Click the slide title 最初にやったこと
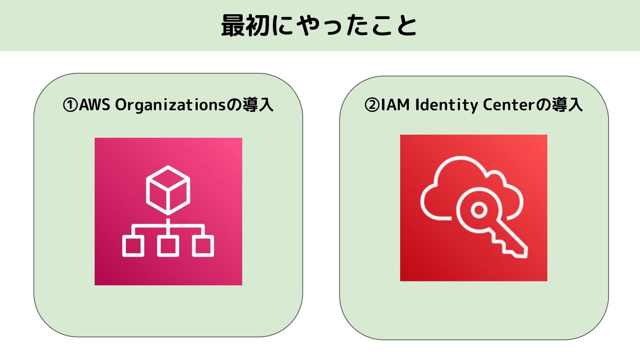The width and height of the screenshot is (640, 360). tap(319, 26)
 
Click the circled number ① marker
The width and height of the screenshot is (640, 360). tap(70, 106)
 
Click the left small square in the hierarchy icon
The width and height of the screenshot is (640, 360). tap(132, 246)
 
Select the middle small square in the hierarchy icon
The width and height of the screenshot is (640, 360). tap(168, 246)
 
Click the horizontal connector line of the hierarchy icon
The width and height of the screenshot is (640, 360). tap(168, 227)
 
